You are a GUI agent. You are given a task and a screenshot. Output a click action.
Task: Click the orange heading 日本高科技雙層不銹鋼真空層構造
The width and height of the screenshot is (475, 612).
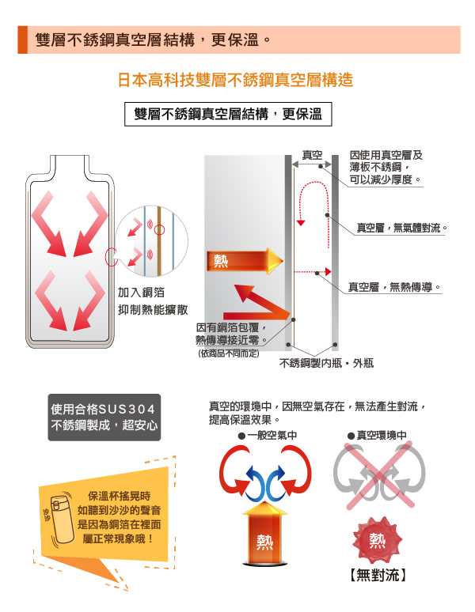click(235, 80)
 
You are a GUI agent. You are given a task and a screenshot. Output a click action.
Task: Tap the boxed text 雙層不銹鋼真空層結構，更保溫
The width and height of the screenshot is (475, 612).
click(228, 114)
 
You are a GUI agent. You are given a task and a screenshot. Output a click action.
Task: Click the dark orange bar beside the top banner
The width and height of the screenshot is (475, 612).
click(23, 40)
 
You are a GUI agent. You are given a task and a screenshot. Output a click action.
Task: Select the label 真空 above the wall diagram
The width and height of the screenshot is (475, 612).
click(312, 155)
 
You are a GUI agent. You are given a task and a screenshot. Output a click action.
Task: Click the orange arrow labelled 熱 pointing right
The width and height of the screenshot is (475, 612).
click(245, 261)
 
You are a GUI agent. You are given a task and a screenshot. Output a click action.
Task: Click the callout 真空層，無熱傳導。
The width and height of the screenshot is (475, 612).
click(395, 287)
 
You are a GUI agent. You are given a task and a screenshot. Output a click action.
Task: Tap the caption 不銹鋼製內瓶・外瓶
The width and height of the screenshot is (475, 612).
click(326, 364)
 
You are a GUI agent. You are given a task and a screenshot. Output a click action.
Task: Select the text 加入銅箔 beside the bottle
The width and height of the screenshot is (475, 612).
click(142, 293)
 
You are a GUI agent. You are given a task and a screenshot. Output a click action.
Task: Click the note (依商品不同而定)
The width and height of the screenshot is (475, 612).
click(229, 353)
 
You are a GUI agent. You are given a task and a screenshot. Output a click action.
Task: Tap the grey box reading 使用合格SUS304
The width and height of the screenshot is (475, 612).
click(104, 417)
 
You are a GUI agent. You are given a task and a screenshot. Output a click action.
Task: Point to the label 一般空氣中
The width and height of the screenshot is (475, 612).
click(268, 435)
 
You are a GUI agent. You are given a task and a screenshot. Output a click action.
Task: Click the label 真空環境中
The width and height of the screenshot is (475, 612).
click(377, 435)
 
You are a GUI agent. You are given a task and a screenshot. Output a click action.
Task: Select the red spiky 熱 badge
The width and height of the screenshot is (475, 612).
click(377, 540)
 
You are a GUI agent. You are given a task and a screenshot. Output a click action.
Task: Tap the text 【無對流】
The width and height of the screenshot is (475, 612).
click(377, 575)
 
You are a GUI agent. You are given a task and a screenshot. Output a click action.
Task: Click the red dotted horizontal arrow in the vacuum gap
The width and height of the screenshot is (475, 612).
click(313, 272)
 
